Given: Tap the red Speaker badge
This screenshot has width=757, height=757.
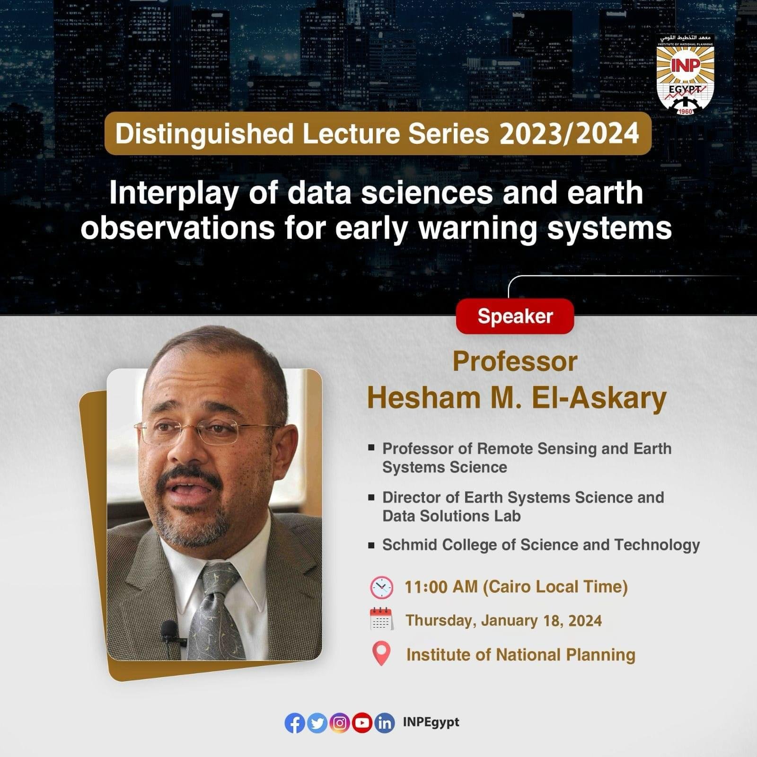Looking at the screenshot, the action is point(515,316).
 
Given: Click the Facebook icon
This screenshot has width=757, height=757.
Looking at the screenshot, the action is point(295,723).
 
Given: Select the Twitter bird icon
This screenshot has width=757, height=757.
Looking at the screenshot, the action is point(317,723).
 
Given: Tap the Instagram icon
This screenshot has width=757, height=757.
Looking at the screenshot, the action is point(340,723).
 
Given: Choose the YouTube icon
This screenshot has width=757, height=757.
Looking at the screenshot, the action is point(362,723).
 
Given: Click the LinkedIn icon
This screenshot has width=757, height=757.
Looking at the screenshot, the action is point(385,723).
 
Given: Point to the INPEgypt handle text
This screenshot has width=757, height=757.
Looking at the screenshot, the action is point(431,722).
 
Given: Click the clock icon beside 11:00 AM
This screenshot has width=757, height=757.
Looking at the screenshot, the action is point(381,588).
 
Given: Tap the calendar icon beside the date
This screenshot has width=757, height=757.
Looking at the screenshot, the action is point(381,619).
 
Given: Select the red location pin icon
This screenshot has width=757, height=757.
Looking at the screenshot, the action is point(381,653).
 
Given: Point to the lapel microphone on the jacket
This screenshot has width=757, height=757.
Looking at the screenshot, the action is point(169,632).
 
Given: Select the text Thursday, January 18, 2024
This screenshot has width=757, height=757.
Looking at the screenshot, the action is point(504,620).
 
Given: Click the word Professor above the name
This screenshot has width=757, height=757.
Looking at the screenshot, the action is point(515,362).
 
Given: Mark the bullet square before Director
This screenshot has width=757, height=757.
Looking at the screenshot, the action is point(372,497).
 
